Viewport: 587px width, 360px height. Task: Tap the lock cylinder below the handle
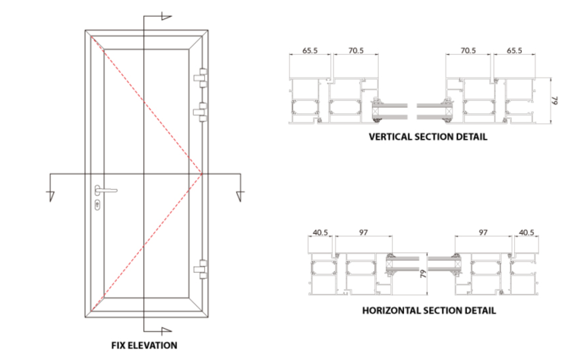tap(98, 204)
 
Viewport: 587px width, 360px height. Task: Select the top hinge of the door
tap(201, 77)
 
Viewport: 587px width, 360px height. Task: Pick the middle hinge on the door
tap(201, 112)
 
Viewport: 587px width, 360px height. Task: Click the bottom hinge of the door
tap(201, 269)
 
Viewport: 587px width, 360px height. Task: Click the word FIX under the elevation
tap(121, 346)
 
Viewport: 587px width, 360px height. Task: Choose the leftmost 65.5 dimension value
tap(310, 50)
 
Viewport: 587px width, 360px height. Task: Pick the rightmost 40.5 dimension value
tap(526, 232)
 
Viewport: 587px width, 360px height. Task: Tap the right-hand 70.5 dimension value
tap(468, 50)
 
